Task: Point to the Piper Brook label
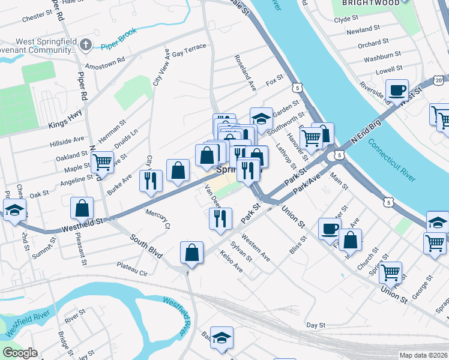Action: tap(119, 37)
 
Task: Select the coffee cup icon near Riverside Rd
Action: tap(397, 90)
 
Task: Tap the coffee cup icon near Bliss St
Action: tap(330, 229)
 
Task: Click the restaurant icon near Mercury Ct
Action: tap(151, 181)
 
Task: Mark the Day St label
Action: tap(315, 325)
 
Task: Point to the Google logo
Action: tap(20, 353)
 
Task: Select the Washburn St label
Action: tap(382, 56)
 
